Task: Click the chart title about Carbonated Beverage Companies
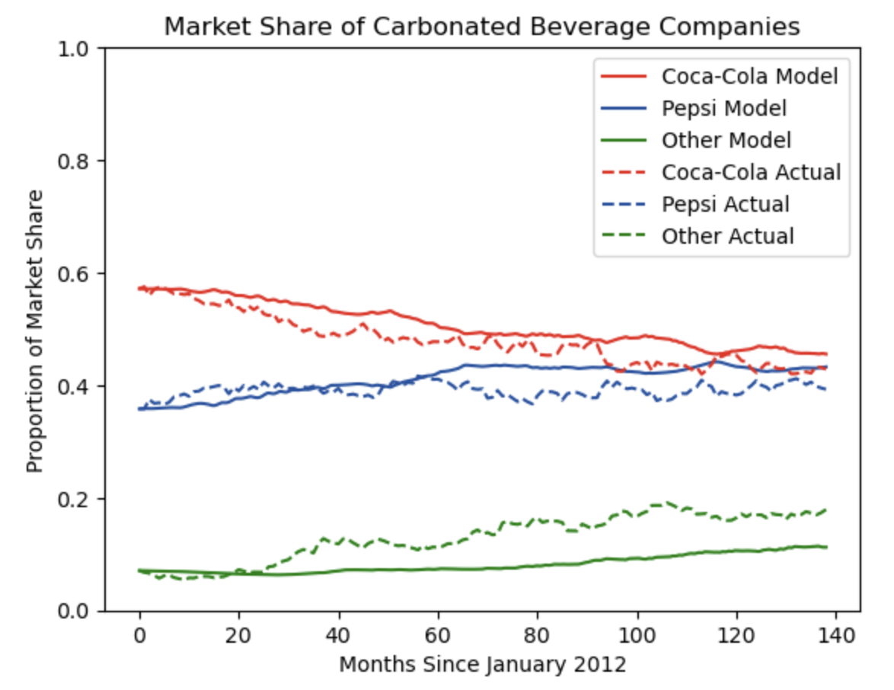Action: (x=482, y=27)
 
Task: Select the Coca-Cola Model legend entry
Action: (x=750, y=76)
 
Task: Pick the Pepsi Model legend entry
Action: (x=724, y=108)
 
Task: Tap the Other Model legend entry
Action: (x=726, y=140)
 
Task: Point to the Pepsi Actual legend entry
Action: (x=726, y=204)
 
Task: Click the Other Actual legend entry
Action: (x=728, y=236)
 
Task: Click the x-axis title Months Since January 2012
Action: (x=483, y=665)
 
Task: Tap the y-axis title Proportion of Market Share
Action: (x=35, y=329)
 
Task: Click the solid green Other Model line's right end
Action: (x=826, y=547)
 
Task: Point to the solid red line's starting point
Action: (x=139, y=288)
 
